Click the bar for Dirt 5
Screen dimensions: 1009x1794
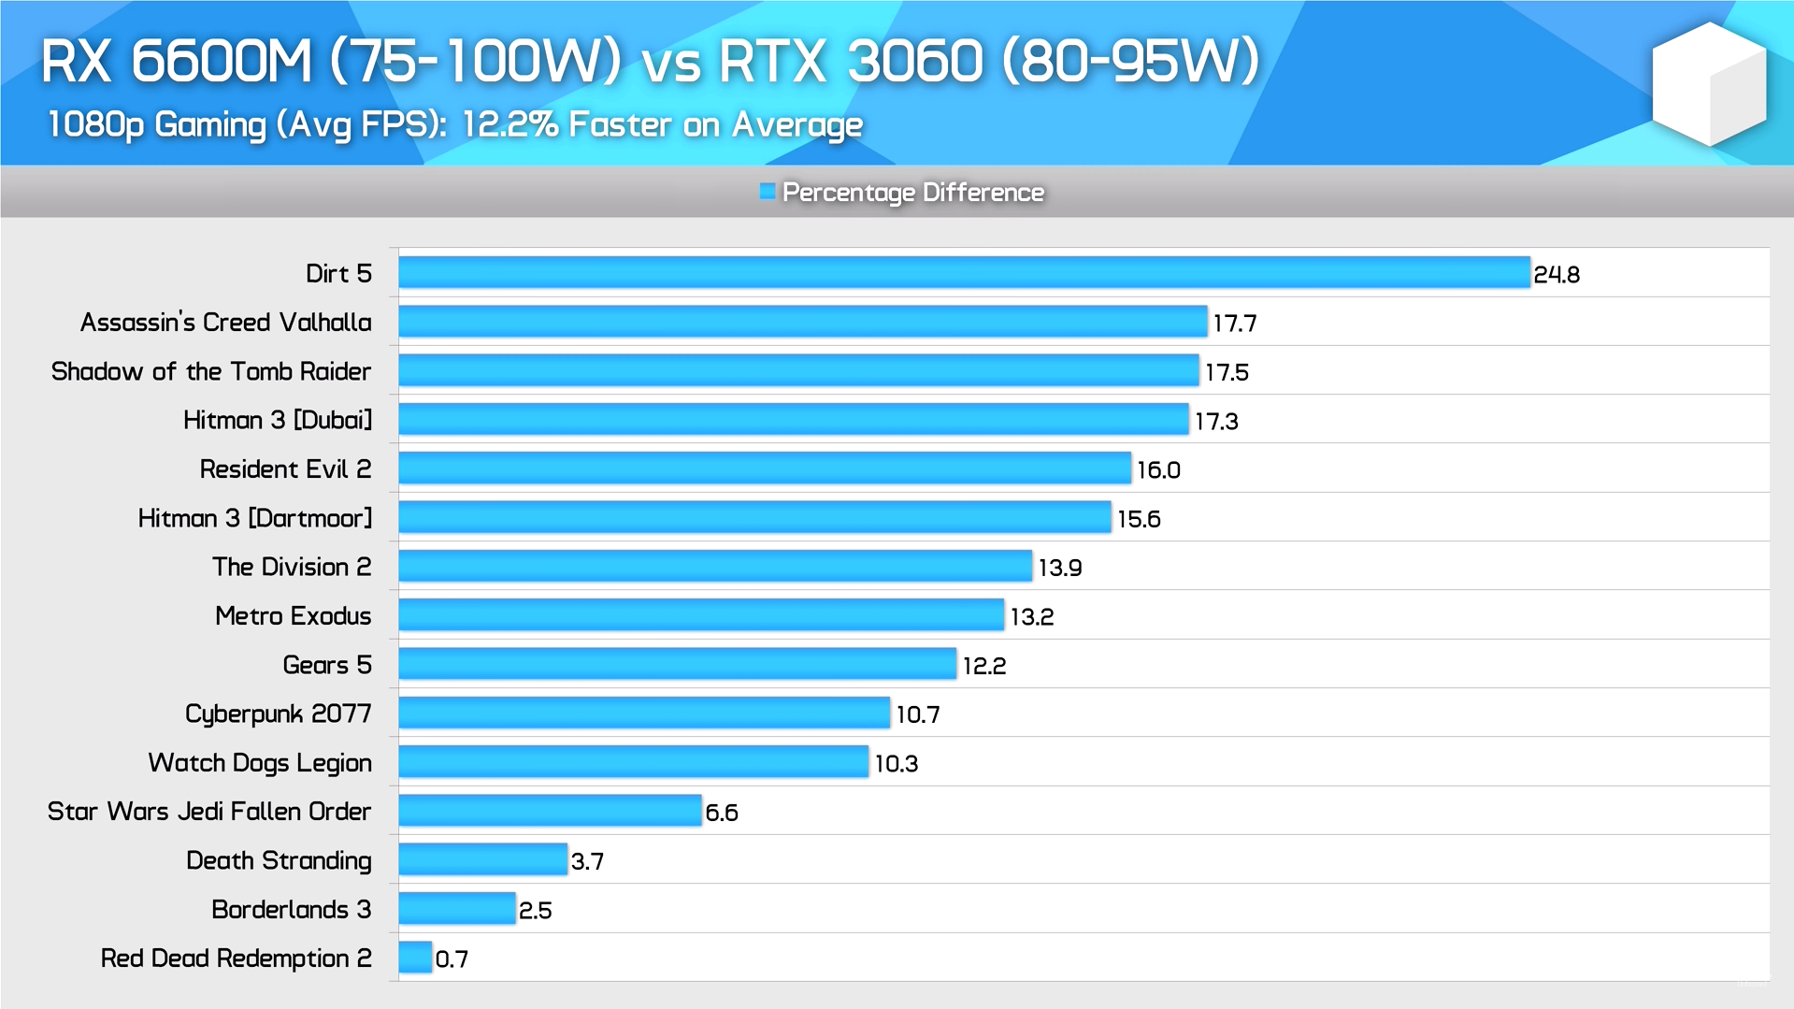coord(964,272)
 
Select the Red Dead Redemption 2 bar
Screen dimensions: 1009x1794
coord(415,958)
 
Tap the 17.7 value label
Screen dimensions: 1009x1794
coord(1234,324)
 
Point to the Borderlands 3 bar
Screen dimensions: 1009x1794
coord(456,908)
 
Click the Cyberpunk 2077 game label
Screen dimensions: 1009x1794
coord(278,714)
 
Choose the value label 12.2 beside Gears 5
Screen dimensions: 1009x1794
coord(983,666)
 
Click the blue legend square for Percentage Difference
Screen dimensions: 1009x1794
coord(768,192)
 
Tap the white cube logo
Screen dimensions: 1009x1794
coord(1708,84)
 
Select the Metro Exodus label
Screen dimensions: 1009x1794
coord(293,616)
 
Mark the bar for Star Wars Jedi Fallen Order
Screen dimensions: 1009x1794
coord(550,810)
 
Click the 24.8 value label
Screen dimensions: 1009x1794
coord(1556,275)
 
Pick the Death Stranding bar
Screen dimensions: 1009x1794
coord(482,859)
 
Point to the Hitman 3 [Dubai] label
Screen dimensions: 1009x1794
coord(277,421)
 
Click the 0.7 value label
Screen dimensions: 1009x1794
coord(452,959)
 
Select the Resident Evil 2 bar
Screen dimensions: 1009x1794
coord(764,468)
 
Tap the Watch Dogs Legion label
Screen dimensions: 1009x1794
coord(259,763)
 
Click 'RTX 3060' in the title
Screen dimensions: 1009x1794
coord(850,62)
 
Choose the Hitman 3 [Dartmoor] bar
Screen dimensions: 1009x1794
coord(754,517)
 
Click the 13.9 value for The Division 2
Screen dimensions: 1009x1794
coord(1059,569)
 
